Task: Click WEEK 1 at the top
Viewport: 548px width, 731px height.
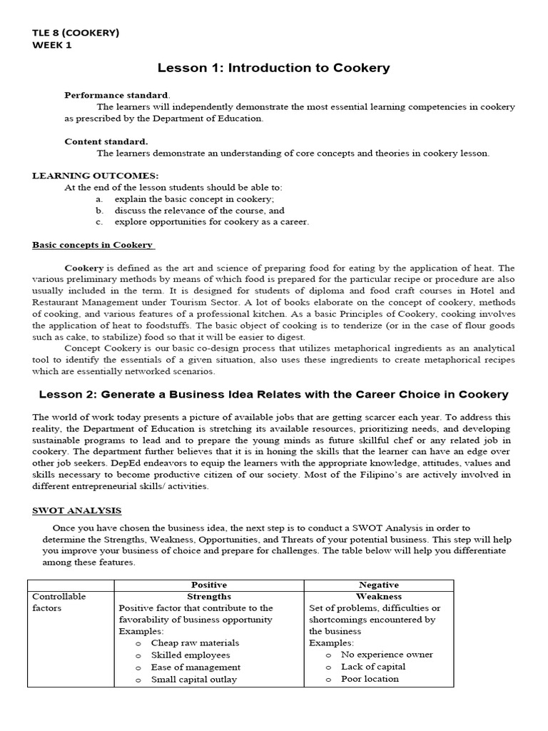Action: tap(52, 46)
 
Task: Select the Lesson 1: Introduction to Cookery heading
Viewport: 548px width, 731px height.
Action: tap(273, 68)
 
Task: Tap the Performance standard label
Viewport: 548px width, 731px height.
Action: tap(118, 95)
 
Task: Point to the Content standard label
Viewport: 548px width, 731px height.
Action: tap(106, 141)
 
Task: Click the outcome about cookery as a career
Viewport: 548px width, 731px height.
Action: tap(212, 222)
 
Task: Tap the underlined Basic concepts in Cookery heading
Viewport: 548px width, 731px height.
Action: tap(93, 245)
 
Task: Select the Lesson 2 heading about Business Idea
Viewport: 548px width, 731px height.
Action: tap(273, 394)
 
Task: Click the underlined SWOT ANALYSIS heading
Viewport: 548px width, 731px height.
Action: tap(76, 510)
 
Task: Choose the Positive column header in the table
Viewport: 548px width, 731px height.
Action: tap(209, 585)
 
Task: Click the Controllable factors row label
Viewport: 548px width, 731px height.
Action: tap(59, 602)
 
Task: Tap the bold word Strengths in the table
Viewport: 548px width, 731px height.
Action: tap(209, 596)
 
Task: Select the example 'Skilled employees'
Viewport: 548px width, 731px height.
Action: tap(191, 655)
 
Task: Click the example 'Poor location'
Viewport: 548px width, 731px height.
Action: tap(370, 679)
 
